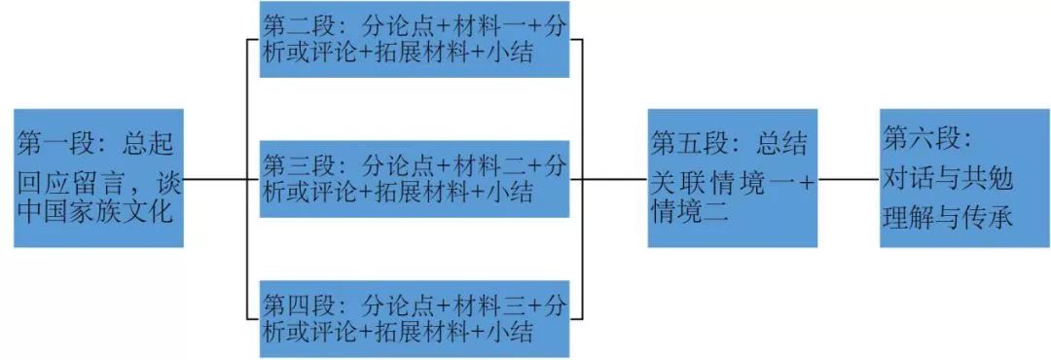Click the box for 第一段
[x=98, y=177]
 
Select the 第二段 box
[x=414, y=39]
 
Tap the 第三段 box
[x=414, y=178]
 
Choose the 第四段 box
[x=414, y=316]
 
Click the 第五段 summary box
[x=732, y=177]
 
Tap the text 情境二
[x=689, y=212]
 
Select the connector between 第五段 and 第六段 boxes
[x=849, y=179]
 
